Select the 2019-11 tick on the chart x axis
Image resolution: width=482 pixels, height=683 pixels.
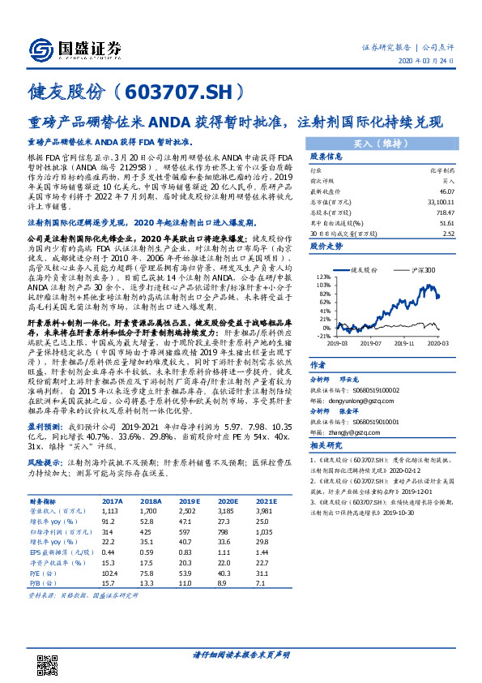(399, 342)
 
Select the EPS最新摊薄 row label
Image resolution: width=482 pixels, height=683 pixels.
(51, 551)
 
